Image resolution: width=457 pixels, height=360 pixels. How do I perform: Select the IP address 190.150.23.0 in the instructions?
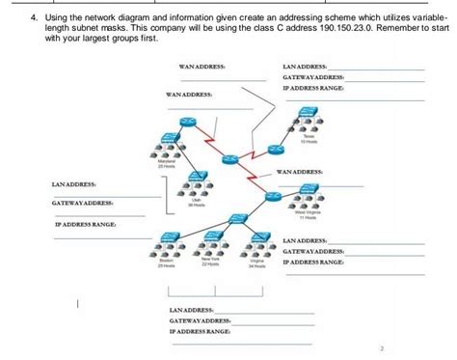click(x=345, y=29)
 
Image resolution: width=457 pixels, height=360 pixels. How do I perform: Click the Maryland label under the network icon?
click(x=167, y=161)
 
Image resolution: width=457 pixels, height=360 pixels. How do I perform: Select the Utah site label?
click(x=196, y=198)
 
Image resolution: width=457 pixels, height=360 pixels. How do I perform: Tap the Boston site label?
click(x=166, y=260)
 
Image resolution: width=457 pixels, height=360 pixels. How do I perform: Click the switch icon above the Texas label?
click(x=309, y=112)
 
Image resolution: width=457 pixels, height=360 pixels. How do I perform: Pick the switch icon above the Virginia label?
click(x=258, y=236)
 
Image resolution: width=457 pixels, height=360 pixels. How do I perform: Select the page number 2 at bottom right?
click(x=383, y=346)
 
